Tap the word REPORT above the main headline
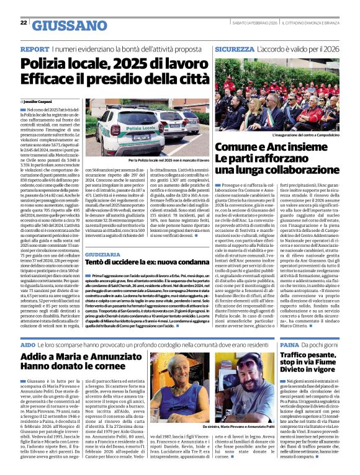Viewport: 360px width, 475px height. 35,48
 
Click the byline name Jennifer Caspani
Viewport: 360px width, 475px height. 39,101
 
